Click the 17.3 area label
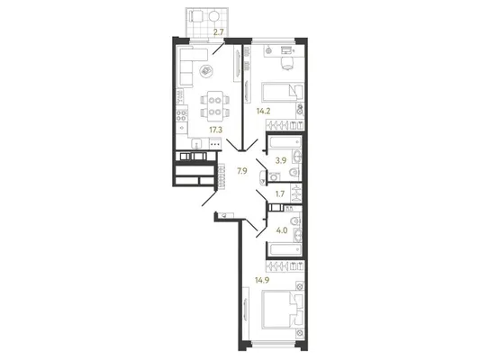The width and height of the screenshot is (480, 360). coord(216,130)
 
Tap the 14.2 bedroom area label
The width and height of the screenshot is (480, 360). coord(263,111)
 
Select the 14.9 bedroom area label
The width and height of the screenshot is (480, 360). coord(262,280)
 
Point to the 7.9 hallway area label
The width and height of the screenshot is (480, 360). coord(242,171)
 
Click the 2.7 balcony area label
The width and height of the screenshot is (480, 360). coord(218,31)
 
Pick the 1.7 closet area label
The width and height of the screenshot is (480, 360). coord(280,193)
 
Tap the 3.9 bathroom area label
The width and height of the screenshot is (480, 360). coord(281,160)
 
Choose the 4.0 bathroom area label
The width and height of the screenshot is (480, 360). coord(282,230)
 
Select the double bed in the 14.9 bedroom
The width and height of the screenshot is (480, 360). coord(283,310)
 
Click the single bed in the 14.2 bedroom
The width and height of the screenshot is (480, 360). coord(283,92)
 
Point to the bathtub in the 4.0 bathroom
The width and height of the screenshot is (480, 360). coord(285,249)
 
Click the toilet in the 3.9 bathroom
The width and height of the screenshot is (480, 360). coord(294,173)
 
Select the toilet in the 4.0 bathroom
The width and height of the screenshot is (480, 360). coord(295,220)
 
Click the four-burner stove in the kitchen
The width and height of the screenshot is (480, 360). coord(182,115)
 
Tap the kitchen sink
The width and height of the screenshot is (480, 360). coord(196,143)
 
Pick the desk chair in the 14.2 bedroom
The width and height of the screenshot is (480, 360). coord(287,63)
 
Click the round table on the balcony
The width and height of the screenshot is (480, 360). coord(213,15)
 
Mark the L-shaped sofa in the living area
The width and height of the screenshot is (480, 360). coord(190,66)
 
